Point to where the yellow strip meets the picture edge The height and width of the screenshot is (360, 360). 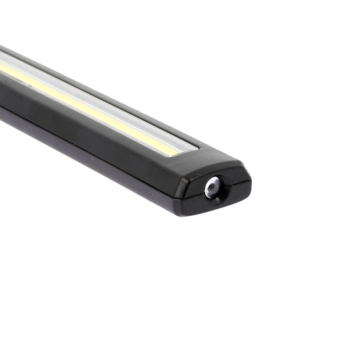pyautogui.click(x=2, y=68)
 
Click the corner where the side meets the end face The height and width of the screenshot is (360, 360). pyautogui.click(x=177, y=180)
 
